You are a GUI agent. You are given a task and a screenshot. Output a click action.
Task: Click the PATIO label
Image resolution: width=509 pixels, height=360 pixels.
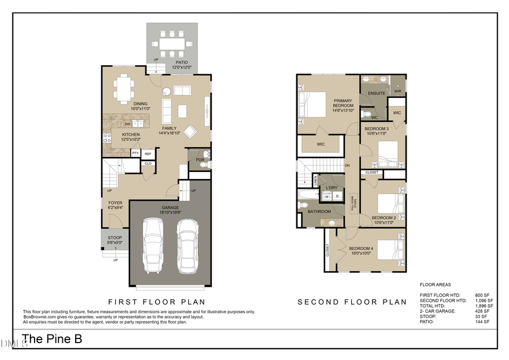click(x=182, y=63)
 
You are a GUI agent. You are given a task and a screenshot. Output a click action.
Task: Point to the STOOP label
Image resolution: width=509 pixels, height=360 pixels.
click(x=115, y=237)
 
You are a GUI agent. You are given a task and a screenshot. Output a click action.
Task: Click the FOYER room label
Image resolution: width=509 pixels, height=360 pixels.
click(x=115, y=203)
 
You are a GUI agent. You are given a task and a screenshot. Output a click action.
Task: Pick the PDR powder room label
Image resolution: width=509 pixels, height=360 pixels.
click(x=200, y=160)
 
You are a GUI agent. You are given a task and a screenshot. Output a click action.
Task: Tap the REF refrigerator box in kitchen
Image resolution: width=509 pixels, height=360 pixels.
click(x=148, y=153)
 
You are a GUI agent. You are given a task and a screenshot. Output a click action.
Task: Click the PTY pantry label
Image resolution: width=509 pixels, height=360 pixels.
click(x=136, y=153)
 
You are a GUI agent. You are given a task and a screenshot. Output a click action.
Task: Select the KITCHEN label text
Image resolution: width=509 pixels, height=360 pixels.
click(x=131, y=134)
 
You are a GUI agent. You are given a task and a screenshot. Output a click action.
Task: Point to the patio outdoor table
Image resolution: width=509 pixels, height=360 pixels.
click(x=172, y=42)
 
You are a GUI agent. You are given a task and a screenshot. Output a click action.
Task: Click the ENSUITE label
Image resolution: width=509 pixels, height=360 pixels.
click(x=377, y=93)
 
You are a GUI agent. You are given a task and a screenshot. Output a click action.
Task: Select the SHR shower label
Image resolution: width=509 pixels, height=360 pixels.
click(x=398, y=91)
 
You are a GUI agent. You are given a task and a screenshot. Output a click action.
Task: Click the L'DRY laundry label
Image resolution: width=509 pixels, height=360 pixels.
click(x=331, y=187)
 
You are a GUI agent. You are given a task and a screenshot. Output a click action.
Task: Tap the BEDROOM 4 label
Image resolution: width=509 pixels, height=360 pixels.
click(x=361, y=248)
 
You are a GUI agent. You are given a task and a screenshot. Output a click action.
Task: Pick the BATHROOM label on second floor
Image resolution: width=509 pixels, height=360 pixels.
click(x=319, y=212)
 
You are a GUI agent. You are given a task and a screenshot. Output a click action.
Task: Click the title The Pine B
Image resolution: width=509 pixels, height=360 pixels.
click(x=52, y=340)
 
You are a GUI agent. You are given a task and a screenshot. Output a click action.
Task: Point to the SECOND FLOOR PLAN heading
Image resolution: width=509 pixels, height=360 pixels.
click(x=352, y=302)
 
